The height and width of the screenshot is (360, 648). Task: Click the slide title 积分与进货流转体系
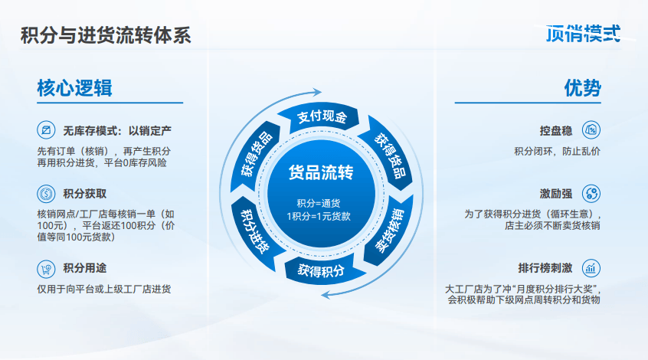point(106,35)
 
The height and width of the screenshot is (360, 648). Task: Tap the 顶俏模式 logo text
point(583,33)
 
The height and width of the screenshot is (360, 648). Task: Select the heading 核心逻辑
point(75,88)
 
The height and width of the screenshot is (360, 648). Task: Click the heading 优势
point(583,88)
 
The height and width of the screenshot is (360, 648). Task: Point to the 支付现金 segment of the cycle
point(322,117)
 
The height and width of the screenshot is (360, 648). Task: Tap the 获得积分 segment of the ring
point(321,270)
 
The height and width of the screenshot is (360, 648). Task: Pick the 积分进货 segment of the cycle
point(255,231)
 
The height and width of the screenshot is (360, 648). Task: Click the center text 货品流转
point(321,172)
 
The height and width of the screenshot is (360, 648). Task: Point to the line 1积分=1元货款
point(319,216)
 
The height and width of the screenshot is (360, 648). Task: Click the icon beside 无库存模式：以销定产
point(46,130)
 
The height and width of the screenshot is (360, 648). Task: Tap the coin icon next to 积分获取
point(46,194)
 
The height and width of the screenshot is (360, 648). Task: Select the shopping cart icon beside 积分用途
point(46,269)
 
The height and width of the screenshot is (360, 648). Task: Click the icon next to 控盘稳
point(591,130)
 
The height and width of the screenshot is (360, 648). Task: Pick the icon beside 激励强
point(591,194)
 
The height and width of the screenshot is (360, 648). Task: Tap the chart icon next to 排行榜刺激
point(591,268)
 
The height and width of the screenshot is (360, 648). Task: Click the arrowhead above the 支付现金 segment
point(317,92)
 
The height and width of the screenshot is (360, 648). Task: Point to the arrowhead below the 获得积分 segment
point(326,295)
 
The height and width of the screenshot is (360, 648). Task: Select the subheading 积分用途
point(85,268)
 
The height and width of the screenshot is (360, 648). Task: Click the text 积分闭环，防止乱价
point(557,151)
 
